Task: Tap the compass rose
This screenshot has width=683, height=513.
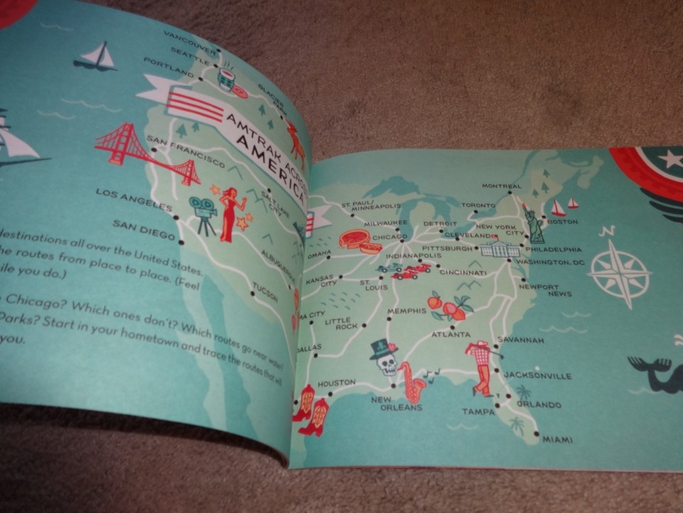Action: pos(618,273)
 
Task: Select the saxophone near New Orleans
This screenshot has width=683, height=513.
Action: pos(412,383)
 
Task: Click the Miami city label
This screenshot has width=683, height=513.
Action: pos(557,440)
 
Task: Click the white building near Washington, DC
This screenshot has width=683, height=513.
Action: pos(499,249)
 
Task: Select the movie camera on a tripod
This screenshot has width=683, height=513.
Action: pos(203,213)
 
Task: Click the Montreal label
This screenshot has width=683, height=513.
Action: pos(502,186)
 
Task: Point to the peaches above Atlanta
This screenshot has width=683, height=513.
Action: pos(448,306)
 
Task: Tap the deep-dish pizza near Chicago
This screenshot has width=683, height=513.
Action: pos(360,242)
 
